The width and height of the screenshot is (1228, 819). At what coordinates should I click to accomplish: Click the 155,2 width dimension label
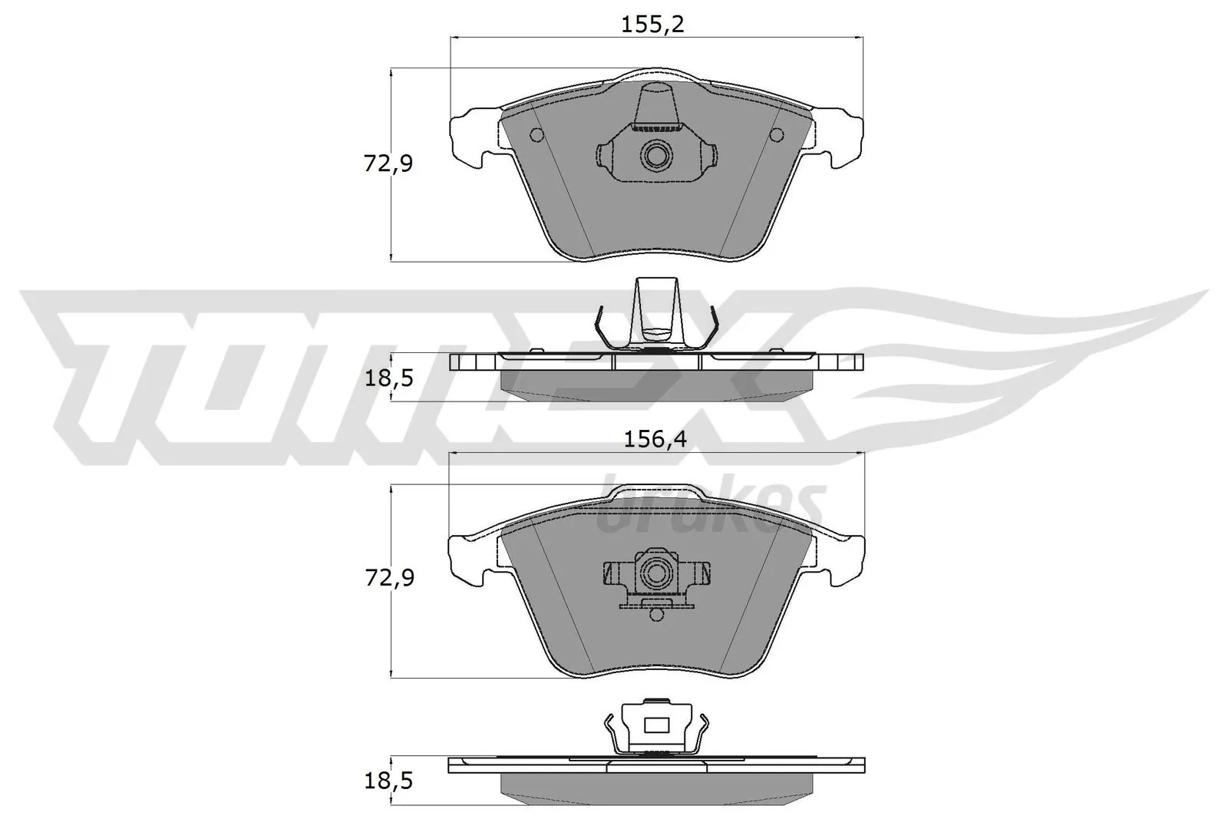(652, 25)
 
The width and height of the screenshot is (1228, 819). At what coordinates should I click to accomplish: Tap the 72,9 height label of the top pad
(388, 163)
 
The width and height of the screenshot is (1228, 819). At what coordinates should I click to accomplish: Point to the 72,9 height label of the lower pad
(388, 577)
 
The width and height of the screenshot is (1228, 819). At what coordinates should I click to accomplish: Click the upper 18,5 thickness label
(388, 378)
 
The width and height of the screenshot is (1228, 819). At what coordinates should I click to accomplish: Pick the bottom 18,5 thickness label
(388, 781)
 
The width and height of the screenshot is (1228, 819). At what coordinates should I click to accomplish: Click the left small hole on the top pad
(536, 136)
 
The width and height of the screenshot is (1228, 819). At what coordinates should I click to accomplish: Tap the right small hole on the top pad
(776, 136)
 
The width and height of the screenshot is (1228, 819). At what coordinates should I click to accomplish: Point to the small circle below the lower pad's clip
(656, 614)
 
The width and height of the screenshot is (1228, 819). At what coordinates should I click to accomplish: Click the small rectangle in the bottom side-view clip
(656, 725)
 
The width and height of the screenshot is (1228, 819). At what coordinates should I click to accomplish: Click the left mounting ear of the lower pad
(470, 554)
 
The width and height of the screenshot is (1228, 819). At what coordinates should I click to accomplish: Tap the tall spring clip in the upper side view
(656, 311)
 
